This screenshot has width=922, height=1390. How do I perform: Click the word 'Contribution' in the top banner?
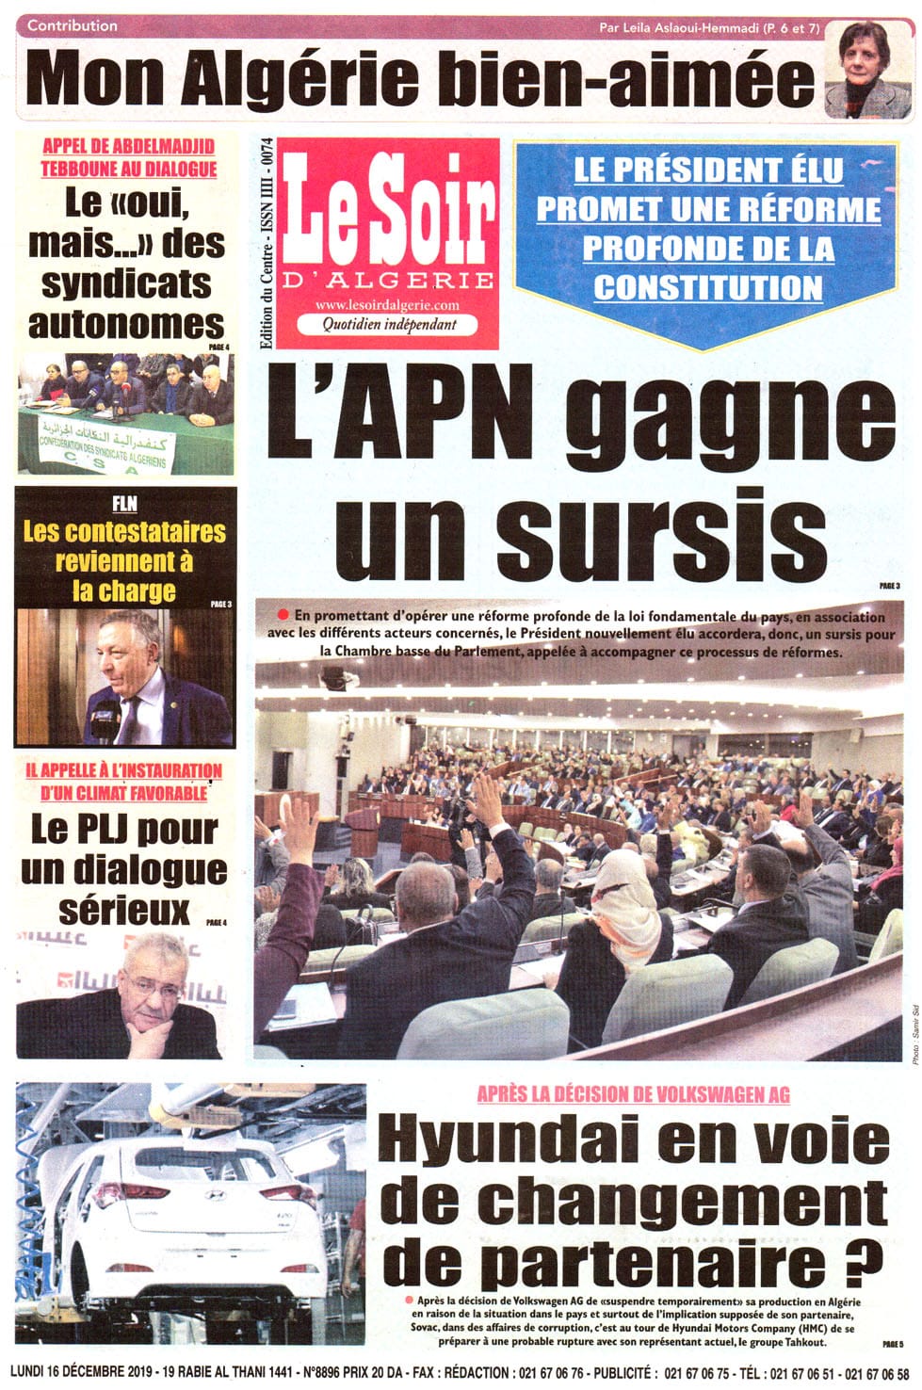[x=73, y=25]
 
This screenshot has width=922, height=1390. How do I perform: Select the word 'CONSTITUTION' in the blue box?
[x=708, y=287]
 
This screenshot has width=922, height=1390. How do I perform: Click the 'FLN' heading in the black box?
[x=124, y=504]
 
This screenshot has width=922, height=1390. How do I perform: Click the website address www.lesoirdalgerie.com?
[x=387, y=305]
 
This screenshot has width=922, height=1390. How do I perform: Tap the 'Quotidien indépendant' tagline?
[x=389, y=324]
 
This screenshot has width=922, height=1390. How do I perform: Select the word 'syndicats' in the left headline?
[x=126, y=284]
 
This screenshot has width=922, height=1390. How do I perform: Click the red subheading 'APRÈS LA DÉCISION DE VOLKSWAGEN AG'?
[x=633, y=1094]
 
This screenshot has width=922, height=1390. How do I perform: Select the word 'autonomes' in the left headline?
[x=126, y=324]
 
